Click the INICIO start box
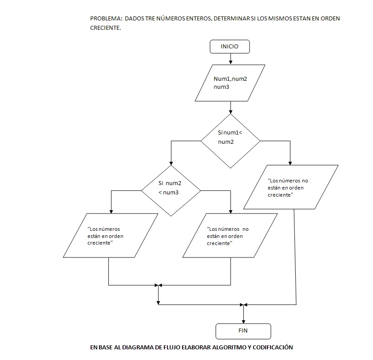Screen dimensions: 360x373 230,46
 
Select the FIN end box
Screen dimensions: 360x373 243,331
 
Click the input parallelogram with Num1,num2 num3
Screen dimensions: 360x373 230,83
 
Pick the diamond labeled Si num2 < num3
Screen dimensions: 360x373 171,190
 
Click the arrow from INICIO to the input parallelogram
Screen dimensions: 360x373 230,59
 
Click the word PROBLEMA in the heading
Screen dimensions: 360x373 106,19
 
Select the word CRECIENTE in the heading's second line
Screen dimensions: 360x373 105,28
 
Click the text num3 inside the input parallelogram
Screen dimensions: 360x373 221,87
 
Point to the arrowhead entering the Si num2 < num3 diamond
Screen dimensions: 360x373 171,163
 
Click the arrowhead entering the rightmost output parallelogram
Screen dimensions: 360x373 290,163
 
